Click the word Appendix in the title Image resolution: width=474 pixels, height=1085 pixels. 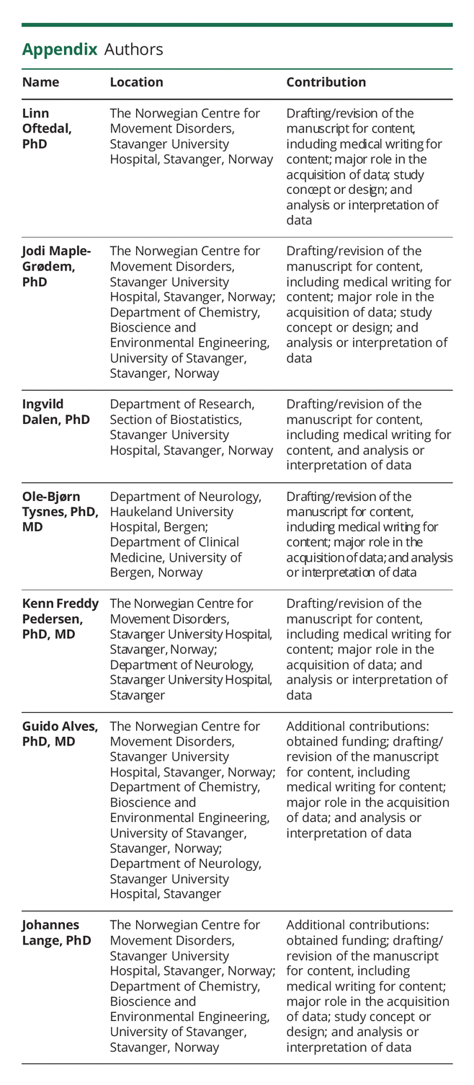click(59, 50)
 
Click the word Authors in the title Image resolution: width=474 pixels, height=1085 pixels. click(133, 50)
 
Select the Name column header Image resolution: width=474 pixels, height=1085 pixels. click(40, 82)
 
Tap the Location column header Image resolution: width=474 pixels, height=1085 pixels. click(136, 82)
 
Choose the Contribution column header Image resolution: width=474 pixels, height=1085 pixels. click(326, 82)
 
